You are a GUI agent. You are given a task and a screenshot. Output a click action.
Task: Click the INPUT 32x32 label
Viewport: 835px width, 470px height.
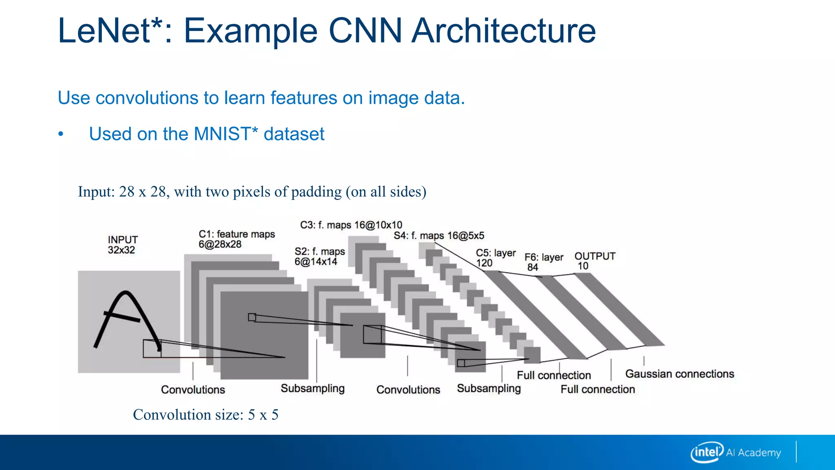pyautogui.click(x=122, y=245)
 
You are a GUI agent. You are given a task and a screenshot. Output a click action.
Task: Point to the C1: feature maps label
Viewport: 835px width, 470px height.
pyautogui.click(x=236, y=239)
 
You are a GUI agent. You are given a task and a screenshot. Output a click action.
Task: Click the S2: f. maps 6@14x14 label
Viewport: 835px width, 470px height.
pyautogui.click(x=319, y=257)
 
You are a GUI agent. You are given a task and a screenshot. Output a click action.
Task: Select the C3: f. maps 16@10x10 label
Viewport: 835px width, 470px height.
pyautogui.click(x=351, y=225)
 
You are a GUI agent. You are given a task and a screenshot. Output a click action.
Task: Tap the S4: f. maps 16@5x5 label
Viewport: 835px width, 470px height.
pyautogui.click(x=439, y=235)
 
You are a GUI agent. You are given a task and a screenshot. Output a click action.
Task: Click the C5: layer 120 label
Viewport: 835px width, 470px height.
pyautogui.click(x=495, y=258)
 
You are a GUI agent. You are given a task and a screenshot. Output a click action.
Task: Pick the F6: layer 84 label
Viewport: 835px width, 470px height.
pyautogui.click(x=543, y=262)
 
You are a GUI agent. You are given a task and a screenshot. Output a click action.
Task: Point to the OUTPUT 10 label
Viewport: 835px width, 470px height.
pyautogui.click(x=594, y=261)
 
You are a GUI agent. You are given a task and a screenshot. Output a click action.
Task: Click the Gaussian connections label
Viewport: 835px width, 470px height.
pyautogui.click(x=679, y=374)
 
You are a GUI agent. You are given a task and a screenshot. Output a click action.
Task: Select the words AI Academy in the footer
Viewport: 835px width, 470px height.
pyautogui.click(x=753, y=453)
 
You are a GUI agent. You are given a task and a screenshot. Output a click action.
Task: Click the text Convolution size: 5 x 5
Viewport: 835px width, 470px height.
pyautogui.click(x=205, y=415)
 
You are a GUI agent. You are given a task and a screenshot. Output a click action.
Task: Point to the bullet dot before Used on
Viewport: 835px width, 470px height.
pyautogui.click(x=61, y=134)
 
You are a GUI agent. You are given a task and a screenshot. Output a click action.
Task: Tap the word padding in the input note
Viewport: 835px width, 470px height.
pyautogui.click(x=316, y=191)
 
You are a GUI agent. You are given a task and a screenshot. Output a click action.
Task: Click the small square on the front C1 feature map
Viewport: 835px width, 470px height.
pyautogui.click(x=252, y=317)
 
